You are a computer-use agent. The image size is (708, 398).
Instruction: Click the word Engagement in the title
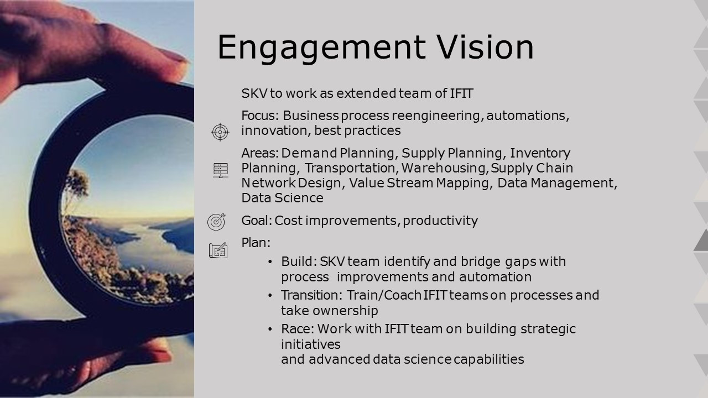321,48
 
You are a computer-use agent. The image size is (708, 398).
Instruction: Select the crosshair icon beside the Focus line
220,132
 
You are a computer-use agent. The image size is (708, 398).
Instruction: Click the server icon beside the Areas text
220,170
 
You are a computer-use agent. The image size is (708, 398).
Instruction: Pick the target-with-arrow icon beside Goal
216,222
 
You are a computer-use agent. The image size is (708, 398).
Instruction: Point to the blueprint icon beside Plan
218,250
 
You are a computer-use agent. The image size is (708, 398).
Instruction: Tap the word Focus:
260,116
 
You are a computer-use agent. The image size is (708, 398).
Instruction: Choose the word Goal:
257,221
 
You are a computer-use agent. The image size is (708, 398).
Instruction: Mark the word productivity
440,221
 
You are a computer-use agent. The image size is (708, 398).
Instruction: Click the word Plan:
256,243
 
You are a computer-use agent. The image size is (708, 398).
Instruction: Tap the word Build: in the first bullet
299,261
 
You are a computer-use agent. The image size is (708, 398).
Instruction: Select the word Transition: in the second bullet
311,295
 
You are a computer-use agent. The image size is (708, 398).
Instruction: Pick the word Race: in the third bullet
298,329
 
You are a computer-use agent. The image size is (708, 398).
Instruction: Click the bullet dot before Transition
270,296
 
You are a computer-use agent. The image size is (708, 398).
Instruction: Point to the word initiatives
311,344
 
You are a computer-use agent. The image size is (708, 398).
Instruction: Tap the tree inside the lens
75,190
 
